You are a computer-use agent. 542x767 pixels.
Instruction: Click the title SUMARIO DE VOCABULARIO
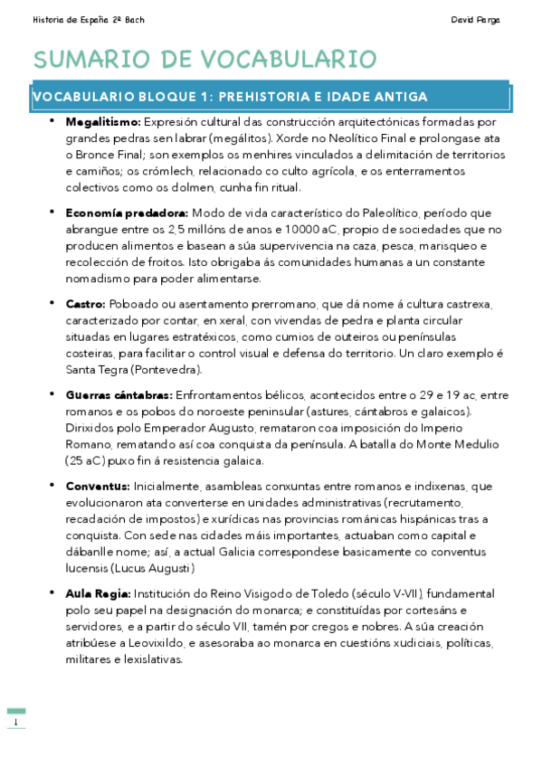204,60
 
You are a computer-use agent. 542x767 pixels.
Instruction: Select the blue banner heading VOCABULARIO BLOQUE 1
230,97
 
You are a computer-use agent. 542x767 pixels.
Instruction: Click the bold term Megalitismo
103,121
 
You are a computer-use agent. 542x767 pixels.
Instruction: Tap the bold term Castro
86,305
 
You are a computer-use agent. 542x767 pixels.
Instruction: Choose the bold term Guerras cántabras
119,396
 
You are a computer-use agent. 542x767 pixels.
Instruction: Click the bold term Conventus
98,487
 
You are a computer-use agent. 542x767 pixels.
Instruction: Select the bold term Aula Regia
98,594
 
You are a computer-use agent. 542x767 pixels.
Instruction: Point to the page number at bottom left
15,722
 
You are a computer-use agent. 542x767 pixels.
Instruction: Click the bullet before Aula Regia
52,592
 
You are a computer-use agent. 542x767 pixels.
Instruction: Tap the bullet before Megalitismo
52,119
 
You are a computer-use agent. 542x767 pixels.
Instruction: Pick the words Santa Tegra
92,370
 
